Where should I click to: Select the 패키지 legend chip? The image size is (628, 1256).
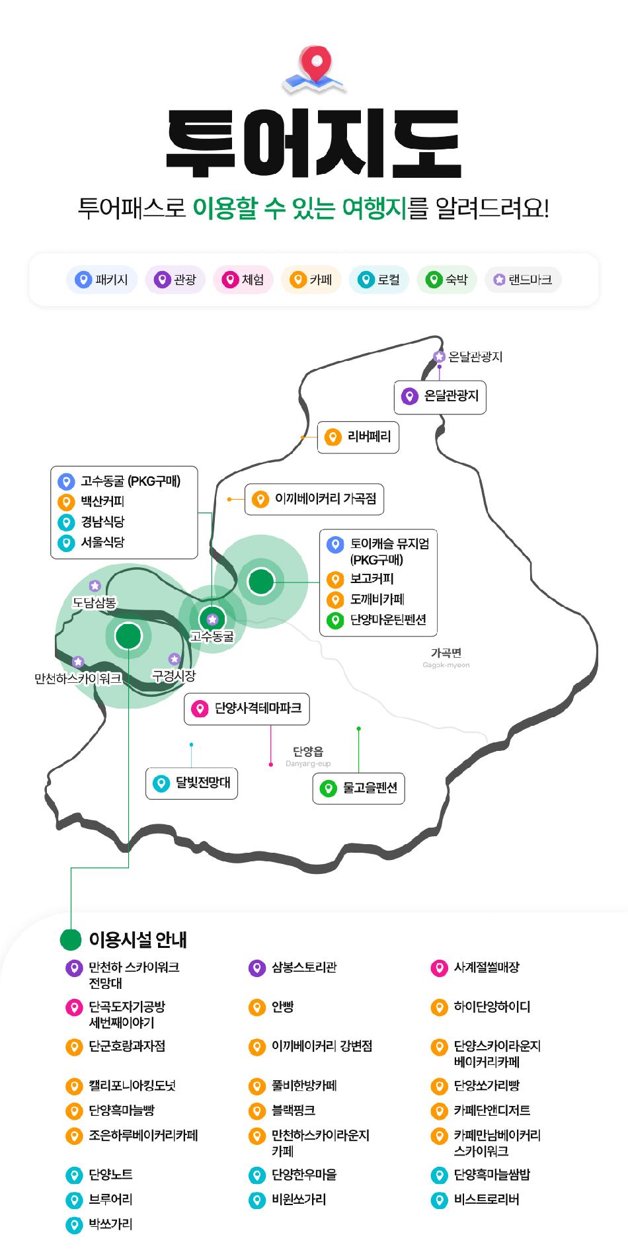pyautogui.click(x=102, y=280)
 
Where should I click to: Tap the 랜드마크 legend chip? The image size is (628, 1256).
pyautogui.click(x=523, y=280)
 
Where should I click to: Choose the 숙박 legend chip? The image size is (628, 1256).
pyautogui.click(x=448, y=280)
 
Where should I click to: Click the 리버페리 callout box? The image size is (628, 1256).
pyautogui.click(x=358, y=437)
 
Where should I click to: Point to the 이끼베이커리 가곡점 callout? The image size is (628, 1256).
pyautogui.click(x=315, y=499)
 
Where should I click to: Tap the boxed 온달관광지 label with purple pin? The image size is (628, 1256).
pyautogui.click(x=440, y=397)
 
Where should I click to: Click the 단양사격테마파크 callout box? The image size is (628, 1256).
pyautogui.click(x=247, y=709)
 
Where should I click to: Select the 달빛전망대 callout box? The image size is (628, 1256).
pyautogui.click(x=192, y=783)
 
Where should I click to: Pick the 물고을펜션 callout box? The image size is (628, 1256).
pyautogui.click(x=358, y=788)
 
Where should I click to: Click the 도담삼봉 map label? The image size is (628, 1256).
pyautogui.click(x=94, y=602)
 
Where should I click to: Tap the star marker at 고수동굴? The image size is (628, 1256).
pyautogui.click(x=212, y=619)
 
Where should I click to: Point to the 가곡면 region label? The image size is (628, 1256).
pyautogui.click(x=446, y=653)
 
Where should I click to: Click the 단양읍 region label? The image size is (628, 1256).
pyautogui.click(x=308, y=752)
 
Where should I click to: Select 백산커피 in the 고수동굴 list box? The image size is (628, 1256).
pyautogui.click(x=102, y=502)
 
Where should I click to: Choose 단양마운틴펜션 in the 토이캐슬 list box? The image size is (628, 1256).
pyautogui.click(x=387, y=620)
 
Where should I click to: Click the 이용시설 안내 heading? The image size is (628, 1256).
pyautogui.click(x=137, y=939)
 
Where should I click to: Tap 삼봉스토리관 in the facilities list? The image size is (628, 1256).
pyautogui.click(x=304, y=968)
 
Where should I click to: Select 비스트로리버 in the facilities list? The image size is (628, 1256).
pyautogui.click(x=486, y=1200)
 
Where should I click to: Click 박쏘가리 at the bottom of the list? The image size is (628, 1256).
pyautogui.click(x=110, y=1224)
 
